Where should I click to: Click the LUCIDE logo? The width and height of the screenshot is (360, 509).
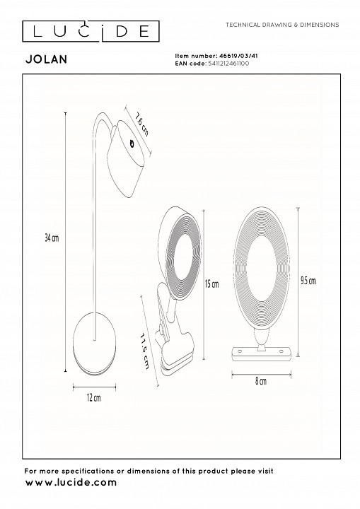click(91, 31)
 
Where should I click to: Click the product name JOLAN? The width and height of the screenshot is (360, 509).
click(46, 59)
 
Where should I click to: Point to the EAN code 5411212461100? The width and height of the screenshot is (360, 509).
click(228, 64)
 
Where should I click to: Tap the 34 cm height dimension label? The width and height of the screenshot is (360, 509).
click(52, 238)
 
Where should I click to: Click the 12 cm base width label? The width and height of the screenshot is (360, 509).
click(93, 397)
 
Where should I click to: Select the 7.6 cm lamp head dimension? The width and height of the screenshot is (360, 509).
click(142, 124)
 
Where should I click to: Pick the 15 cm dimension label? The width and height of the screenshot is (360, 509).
click(212, 284)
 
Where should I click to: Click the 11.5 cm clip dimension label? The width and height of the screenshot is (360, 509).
click(144, 351)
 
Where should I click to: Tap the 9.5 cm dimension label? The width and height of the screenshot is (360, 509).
click(308, 281)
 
